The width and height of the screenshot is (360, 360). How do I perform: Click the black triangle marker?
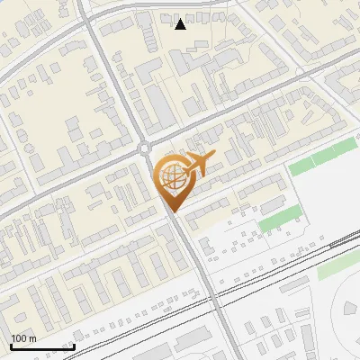tap(181, 23)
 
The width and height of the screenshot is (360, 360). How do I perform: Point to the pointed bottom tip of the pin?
tap(172, 211)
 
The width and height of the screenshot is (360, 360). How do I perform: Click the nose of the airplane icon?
tap(214, 157)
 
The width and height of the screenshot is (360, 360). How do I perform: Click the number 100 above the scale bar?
tap(19, 338)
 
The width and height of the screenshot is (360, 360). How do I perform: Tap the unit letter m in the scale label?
tap(32, 338)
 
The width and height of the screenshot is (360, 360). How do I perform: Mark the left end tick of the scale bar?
tap(11, 346)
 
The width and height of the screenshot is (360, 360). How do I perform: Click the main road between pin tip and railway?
tap(194, 252)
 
